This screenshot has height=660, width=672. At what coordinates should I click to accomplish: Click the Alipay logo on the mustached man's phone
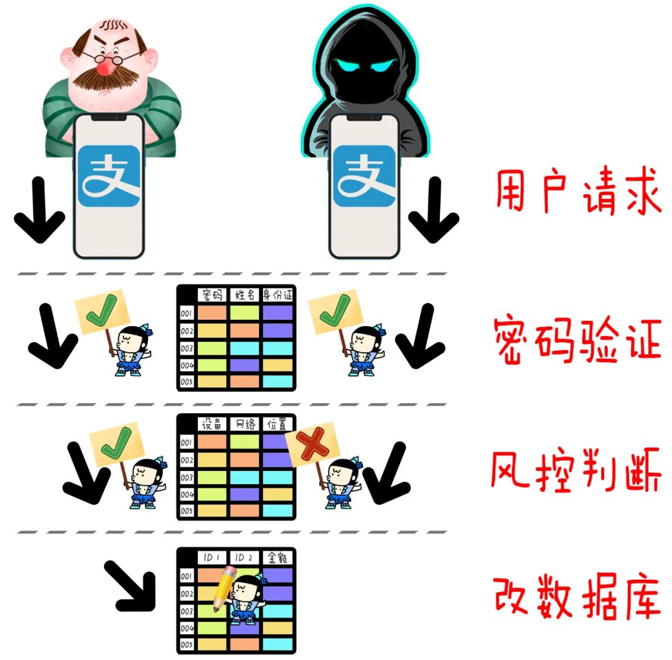(109, 176)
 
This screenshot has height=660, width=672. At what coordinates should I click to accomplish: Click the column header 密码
(213, 294)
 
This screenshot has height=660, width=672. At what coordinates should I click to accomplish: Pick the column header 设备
(213, 424)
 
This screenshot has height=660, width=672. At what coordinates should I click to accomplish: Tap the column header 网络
(245, 424)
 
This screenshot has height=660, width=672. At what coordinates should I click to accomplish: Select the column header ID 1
(213, 557)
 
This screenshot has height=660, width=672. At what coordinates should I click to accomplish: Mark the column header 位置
(277, 424)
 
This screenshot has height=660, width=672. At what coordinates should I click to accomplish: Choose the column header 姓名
(245, 294)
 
